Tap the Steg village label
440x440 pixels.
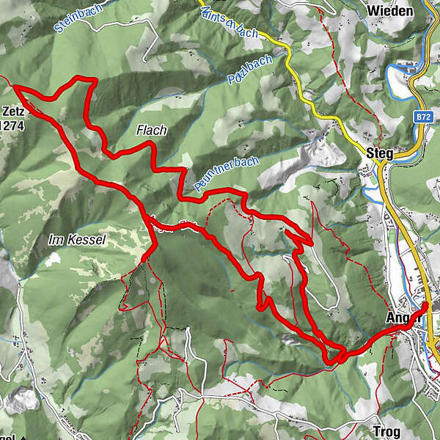point(379,153)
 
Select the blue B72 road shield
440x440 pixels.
point(421,117)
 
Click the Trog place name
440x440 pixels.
point(385,431)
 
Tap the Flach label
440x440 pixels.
point(152,131)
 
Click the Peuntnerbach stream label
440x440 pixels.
point(227,175)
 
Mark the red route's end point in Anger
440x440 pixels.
point(426,306)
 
